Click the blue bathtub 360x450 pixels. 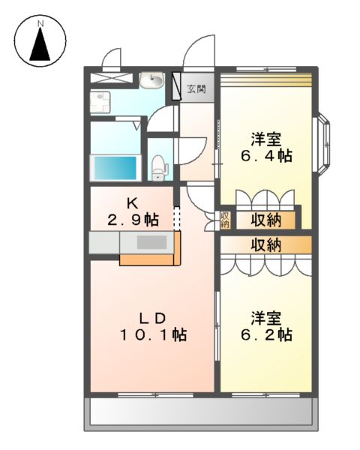click(x=115, y=166)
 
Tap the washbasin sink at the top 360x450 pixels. click(x=154, y=77)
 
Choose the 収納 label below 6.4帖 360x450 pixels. click(x=265, y=220)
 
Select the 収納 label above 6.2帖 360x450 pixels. click(x=265, y=244)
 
